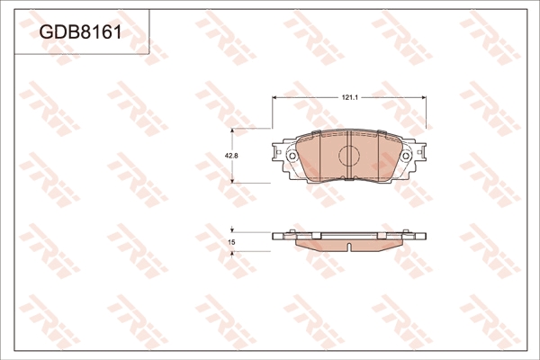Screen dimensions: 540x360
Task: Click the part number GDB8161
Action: pyautogui.click(x=81, y=32)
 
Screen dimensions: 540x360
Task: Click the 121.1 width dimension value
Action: pyautogui.click(x=350, y=97)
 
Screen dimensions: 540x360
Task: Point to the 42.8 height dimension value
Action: pyautogui.click(x=231, y=156)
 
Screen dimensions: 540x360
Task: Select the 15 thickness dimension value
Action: pyautogui.click(x=232, y=242)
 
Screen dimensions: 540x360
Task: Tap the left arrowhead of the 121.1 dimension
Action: pyautogui.click(x=274, y=97)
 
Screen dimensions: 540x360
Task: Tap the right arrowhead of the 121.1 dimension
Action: pyautogui.click(x=424, y=97)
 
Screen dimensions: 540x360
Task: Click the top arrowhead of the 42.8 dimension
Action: pyautogui.click(x=232, y=130)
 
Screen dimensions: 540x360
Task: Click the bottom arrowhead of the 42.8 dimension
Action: pyautogui.click(x=232, y=180)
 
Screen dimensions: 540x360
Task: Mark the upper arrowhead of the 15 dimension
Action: pyautogui.click(x=232, y=229)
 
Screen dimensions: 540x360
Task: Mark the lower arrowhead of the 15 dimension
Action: pyautogui.click(x=232, y=254)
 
